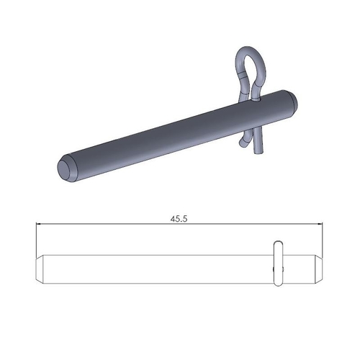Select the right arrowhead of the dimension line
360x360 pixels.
tap(321, 225)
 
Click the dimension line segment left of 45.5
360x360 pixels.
tap(101, 225)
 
